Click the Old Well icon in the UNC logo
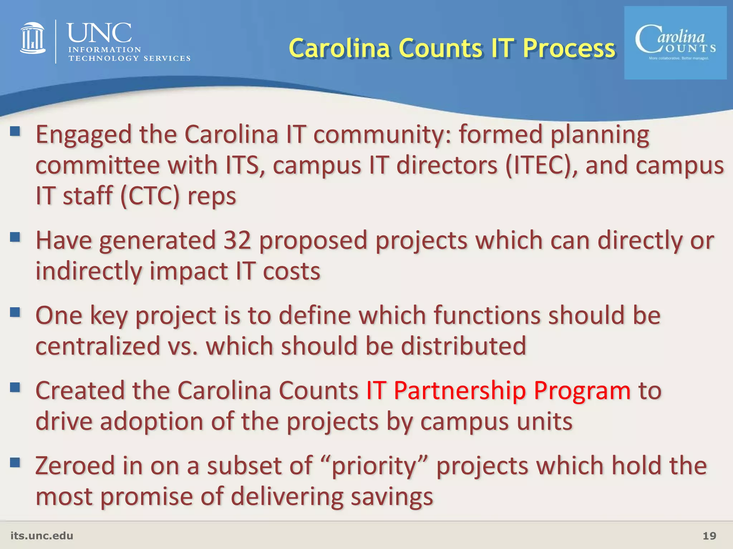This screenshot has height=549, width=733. point(33,38)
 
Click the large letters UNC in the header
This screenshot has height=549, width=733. point(99,33)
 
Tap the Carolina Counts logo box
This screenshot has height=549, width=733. point(675,43)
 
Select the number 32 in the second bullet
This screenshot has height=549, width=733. point(237,240)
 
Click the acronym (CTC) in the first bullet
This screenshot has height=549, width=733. point(150,196)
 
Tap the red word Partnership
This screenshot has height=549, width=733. point(460,390)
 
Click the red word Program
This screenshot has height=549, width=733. point(582,390)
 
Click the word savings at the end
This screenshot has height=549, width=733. point(392,497)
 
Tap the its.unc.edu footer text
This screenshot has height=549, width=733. point(42,536)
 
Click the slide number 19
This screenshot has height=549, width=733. point(709,536)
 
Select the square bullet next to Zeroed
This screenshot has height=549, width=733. point(15,463)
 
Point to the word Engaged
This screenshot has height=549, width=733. point(84,135)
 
